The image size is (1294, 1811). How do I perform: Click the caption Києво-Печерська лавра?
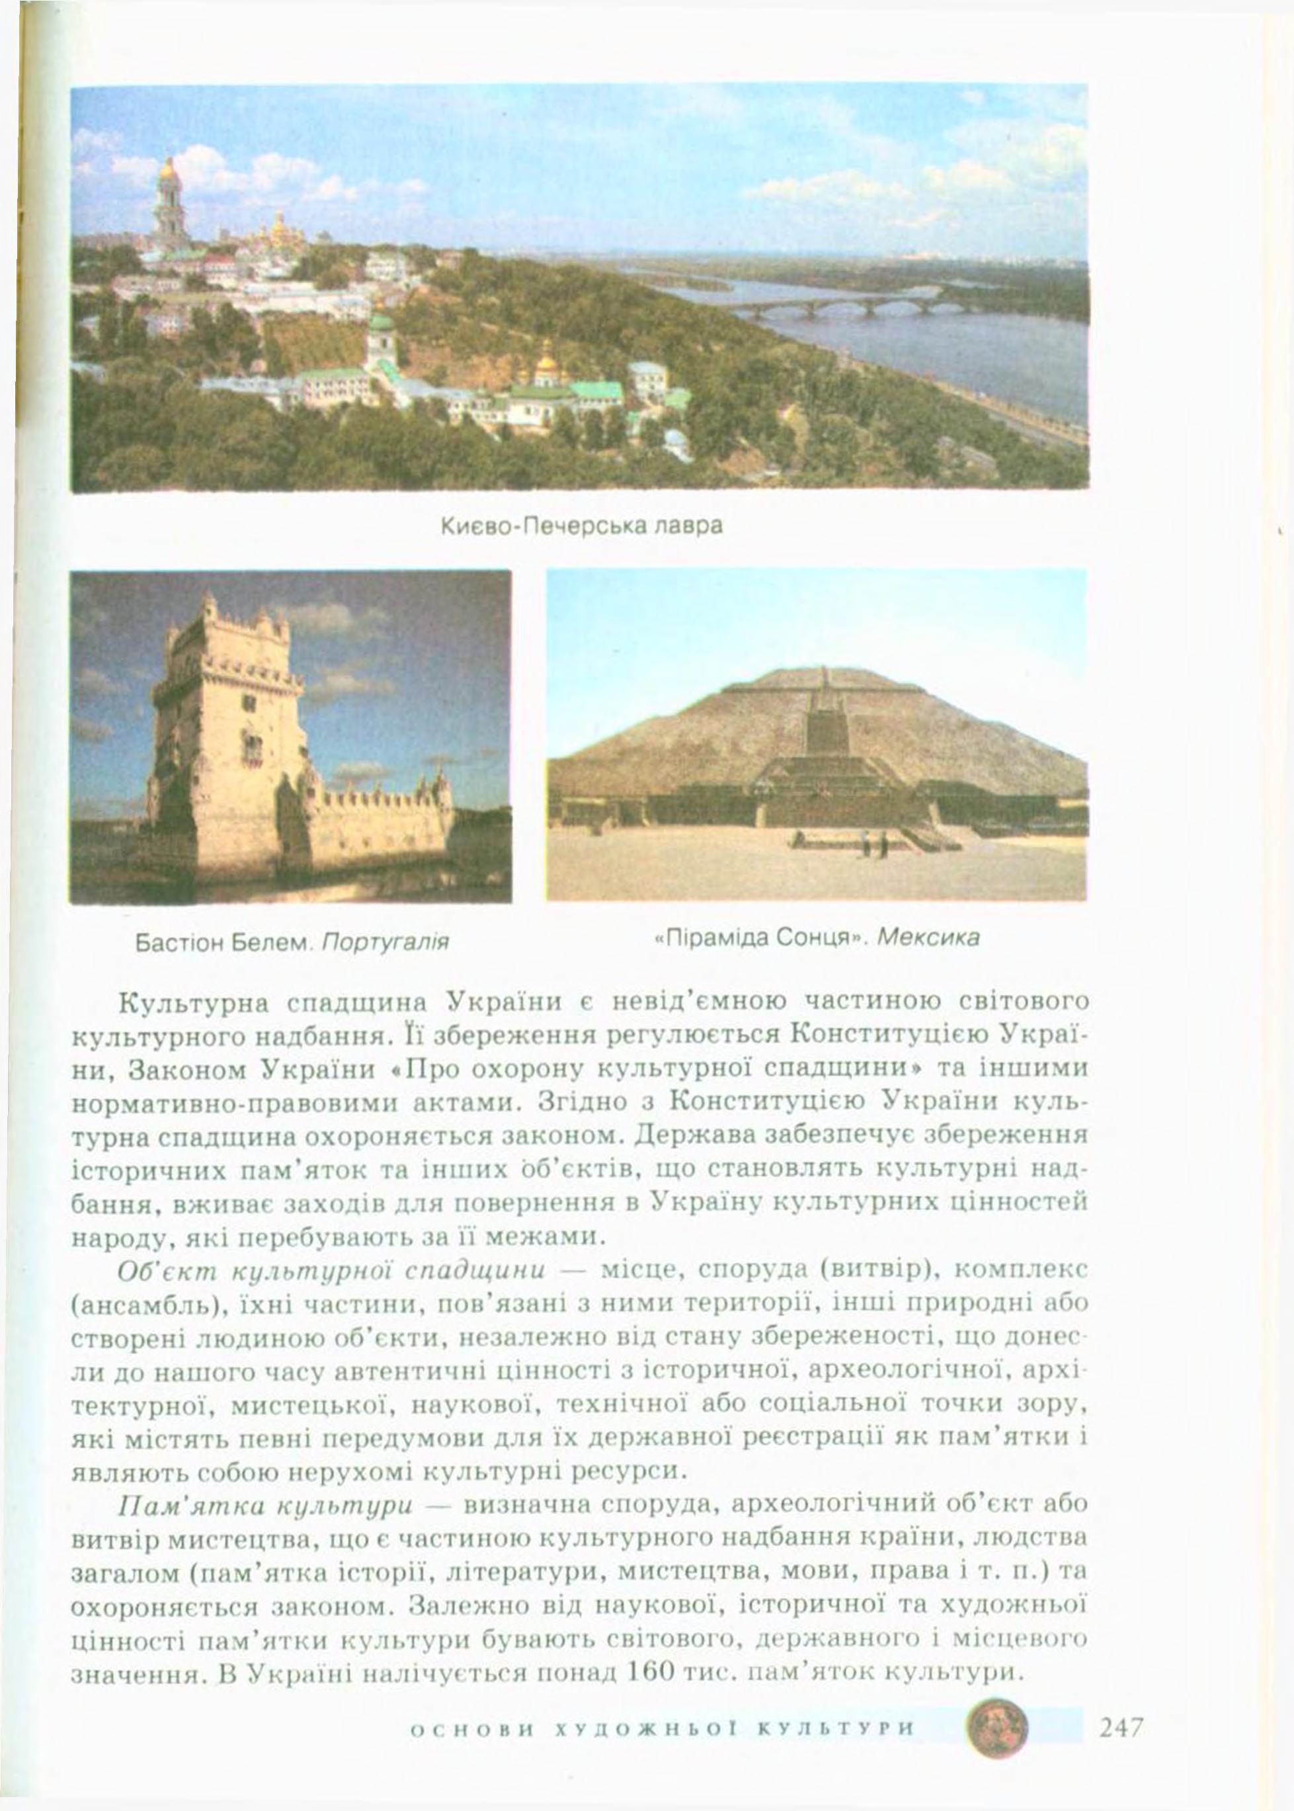(x=580, y=527)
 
